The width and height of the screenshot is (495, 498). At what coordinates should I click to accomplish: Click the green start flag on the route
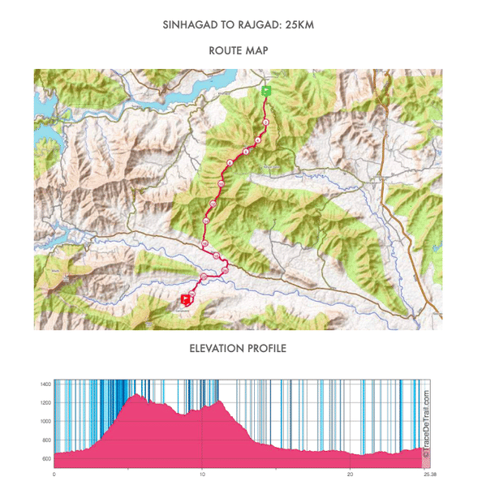click(x=266, y=91)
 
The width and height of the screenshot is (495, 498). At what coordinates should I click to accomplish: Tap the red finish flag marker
click(x=186, y=299)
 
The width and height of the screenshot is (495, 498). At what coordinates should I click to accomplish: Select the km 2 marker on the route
click(x=266, y=122)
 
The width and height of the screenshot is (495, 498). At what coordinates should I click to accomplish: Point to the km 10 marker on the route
click(x=222, y=183)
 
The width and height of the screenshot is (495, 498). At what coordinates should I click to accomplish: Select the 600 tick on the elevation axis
click(x=45, y=459)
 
